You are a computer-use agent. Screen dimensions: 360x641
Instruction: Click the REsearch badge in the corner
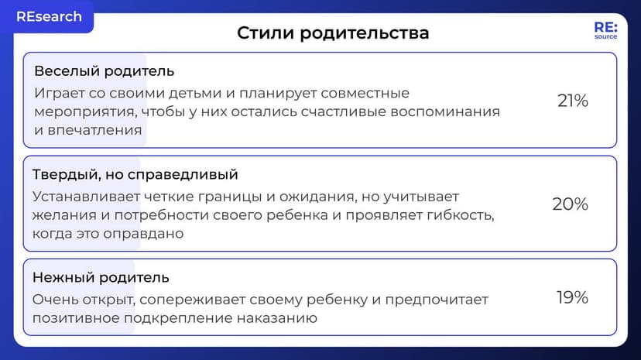(x=48, y=16)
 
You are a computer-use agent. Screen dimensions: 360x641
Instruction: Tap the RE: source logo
(x=605, y=30)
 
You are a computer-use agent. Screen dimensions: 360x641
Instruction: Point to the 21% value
(x=573, y=101)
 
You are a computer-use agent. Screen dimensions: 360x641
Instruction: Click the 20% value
(x=570, y=204)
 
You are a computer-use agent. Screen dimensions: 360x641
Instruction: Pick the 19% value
(x=572, y=297)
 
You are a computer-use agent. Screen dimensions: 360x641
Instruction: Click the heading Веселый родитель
(x=104, y=71)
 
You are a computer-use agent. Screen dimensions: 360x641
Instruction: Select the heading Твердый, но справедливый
(x=135, y=174)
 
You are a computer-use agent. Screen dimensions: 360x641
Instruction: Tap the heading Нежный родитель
(x=101, y=277)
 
